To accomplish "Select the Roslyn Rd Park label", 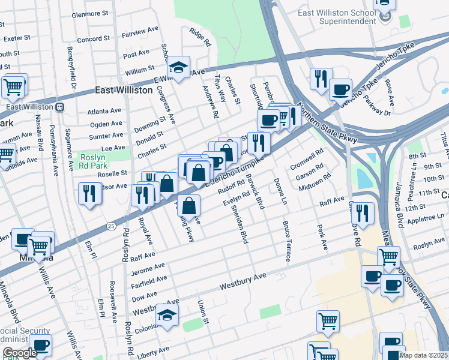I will click(92, 161).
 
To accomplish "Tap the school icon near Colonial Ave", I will click(167, 315).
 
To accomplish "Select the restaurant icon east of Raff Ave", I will click(363, 213).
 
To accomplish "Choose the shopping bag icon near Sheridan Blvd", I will click(189, 206).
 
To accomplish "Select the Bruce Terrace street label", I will click(287, 241).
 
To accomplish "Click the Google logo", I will click(19, 352).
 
